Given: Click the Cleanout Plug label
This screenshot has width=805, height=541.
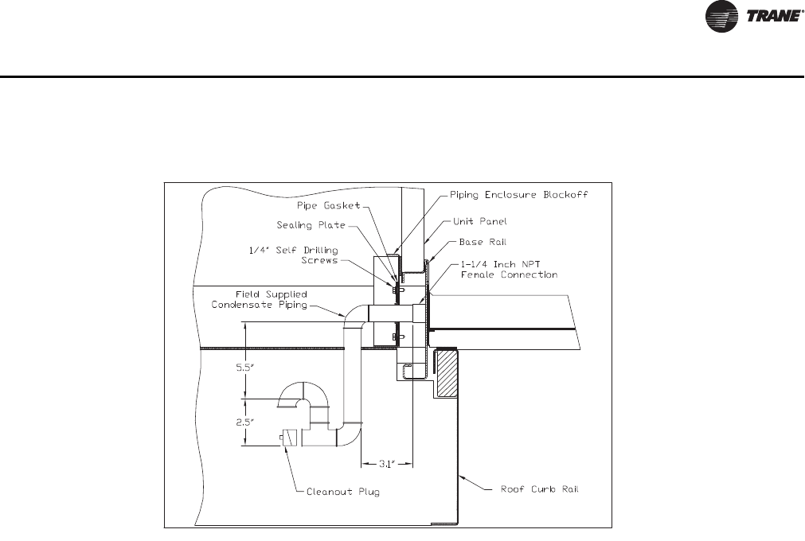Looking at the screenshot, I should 343,492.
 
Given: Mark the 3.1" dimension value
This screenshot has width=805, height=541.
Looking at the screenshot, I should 385,461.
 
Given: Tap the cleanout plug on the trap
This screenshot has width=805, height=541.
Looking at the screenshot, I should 283,437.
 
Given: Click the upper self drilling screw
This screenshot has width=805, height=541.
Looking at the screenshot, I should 399,290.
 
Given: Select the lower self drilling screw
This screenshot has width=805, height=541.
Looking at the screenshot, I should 399,337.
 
